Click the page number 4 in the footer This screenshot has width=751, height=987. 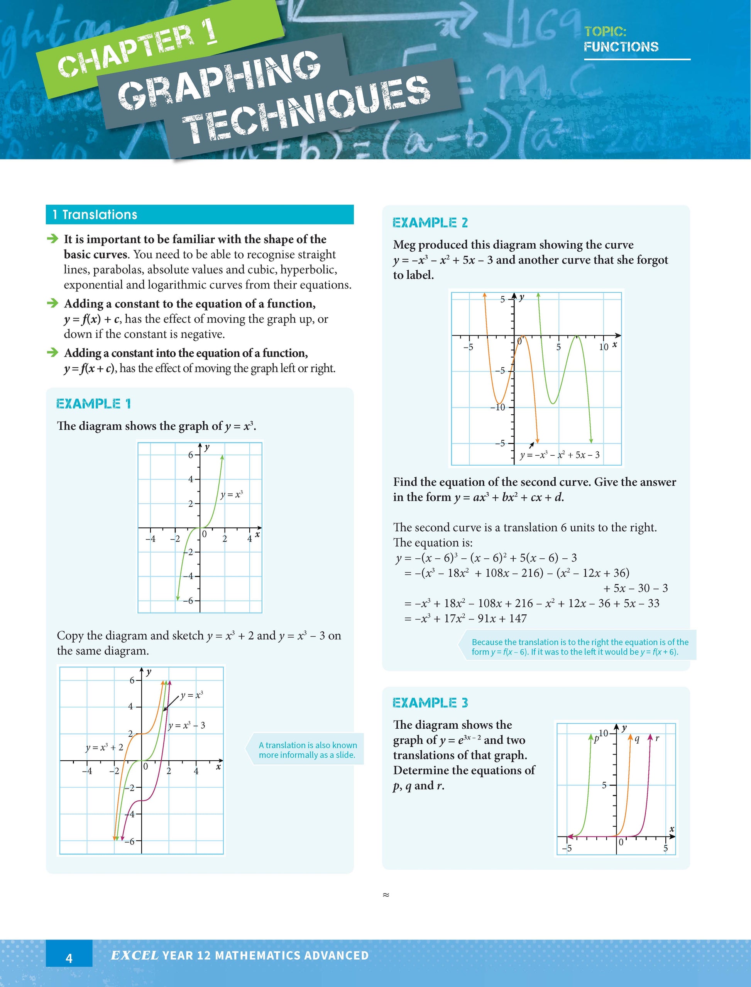69,958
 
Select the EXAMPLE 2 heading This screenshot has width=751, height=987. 430,223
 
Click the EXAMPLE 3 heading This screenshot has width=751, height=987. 430,702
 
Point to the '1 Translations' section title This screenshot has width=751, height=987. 95,215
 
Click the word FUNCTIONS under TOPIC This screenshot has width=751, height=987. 621,46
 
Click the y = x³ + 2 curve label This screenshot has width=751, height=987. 104,747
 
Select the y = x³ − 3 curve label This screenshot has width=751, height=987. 187,725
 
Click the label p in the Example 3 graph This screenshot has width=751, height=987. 596,739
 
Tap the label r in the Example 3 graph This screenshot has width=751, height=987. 657,738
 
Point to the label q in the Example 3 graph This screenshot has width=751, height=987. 637,739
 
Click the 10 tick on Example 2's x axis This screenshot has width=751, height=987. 604,347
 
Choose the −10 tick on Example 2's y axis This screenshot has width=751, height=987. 497,407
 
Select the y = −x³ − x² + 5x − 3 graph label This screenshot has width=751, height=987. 560,455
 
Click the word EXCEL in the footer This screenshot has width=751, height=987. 135,956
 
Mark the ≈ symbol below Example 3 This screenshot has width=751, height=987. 386,894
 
